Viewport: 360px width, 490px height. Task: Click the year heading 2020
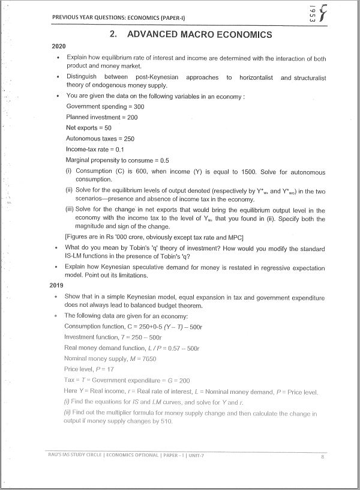point(59,46)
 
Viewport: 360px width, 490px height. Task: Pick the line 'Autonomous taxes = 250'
point(100,139)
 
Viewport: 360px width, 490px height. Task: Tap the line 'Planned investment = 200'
point(101,117)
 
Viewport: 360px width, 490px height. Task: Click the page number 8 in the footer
point(322,457)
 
